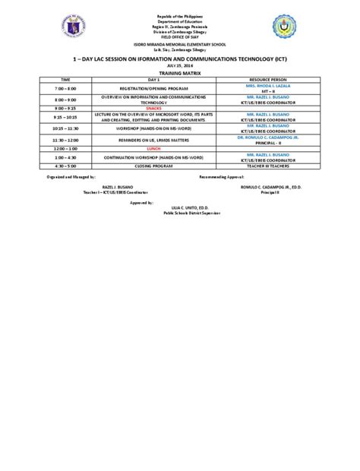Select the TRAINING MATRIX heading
pyautogui.click(x=179, y=71)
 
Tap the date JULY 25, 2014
pyautogui.click(x=180, y=65)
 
